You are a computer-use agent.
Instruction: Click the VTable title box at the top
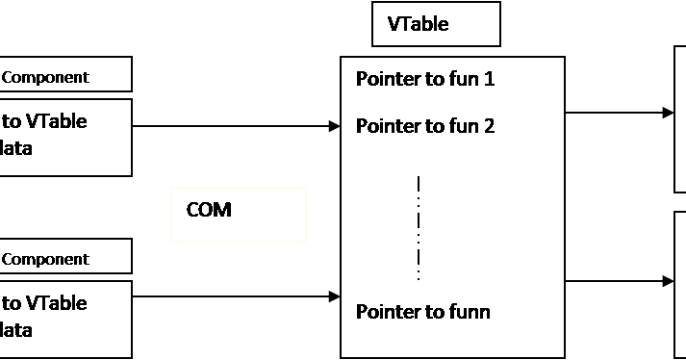click(x=436, y=24)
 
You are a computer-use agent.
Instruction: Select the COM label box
click(x=239, y=214)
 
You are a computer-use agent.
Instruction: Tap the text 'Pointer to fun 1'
click(x=425, y=79)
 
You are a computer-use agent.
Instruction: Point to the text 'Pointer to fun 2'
click(x=425, y=126)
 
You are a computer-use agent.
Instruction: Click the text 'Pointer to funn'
click(x=423, y=312)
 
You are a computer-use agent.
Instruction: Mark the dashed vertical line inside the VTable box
click(x=419, y=227)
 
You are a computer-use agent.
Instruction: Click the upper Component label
click(x=58, y=76)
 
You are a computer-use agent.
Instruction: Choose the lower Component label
click(x=58, y=258)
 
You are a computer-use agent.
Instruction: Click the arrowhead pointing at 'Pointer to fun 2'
click(x=335, y=126)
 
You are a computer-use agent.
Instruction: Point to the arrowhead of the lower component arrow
click(x=335, y=297)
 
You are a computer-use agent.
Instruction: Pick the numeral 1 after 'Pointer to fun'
click(x=489, y=79)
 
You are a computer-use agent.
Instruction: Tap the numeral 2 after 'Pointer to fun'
click(x=489, y=126)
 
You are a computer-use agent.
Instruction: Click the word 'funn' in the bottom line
click(x=470, y=312)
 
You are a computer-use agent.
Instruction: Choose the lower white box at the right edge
click(x=679, y=284)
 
